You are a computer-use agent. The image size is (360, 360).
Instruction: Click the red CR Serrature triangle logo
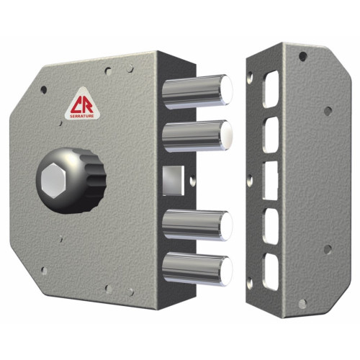(83, 104)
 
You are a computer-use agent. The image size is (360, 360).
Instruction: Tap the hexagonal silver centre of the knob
(53, 180)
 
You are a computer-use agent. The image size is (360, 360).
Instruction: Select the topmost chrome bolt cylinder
(197, 91)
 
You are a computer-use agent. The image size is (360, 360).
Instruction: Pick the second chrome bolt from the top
(197, 136)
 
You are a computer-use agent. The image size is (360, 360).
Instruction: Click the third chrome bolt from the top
(197, 225)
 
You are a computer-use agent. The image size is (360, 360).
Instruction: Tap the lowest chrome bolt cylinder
(197, 269)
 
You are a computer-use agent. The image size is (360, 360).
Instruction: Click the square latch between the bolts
(174, 181)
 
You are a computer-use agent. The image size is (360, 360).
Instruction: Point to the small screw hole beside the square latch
(193, 181)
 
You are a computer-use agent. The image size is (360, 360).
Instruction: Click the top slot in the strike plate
(271, 89)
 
